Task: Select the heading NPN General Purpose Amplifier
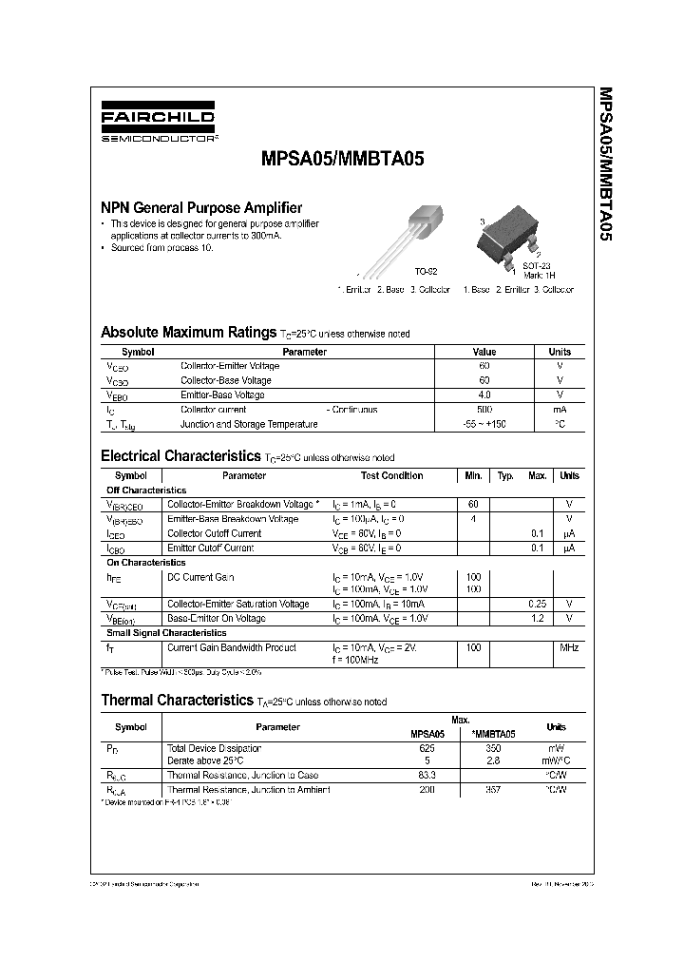click(x=201, y=207)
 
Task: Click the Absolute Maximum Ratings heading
click(x=188, y=333)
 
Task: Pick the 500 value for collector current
click(x=484, y=410)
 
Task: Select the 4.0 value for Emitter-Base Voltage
click(x=484, y=394)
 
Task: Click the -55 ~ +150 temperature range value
click(x=484, y=424)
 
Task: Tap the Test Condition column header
click(x=391, y=476)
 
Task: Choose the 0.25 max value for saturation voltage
click(x=537, y=604)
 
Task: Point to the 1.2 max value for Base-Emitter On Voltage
click(x=537, y=618)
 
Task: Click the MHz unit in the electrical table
click(x=568, y=647)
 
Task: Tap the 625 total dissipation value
click(x=427, y=748)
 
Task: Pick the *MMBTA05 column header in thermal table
click(x=494, y=734)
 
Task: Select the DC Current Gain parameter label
click(x=200, y=578)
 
